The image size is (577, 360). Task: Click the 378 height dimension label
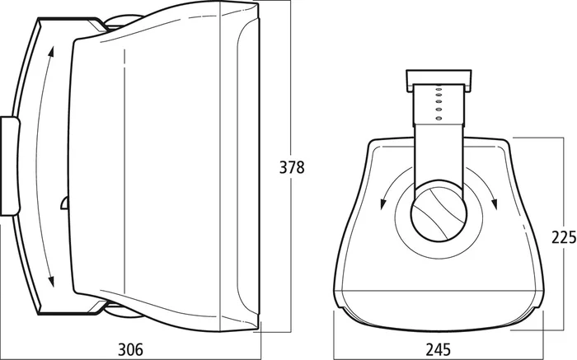[292, 167]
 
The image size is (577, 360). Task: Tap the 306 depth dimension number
[130, 349]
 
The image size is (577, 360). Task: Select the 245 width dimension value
[439, 349]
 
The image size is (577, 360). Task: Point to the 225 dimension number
[563, 237]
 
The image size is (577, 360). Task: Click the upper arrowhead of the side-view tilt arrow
[51, 52]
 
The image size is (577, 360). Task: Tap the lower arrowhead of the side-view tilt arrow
[51, 281]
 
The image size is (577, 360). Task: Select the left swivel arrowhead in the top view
[383, 203]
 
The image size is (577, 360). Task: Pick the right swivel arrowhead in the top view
[495, 203]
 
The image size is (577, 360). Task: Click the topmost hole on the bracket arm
[439, 89]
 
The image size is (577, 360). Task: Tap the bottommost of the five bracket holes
[439, 118]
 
